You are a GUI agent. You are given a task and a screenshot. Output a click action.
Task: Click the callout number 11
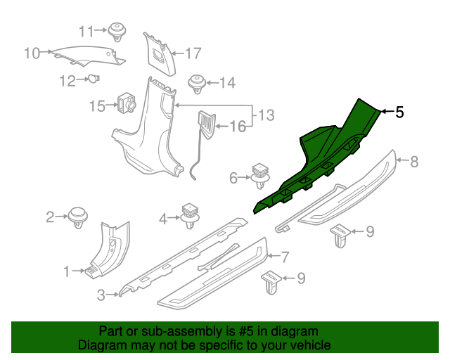pos(86,31)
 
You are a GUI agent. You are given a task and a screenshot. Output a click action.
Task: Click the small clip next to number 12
pos(93,79)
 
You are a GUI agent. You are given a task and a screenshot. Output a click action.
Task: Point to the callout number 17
pos(193,53)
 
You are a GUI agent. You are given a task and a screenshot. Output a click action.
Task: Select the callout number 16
pos(238,127)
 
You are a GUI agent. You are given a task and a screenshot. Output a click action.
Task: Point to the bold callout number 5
pos(399,112)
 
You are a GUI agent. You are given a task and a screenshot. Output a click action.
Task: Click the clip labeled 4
pos(190,214)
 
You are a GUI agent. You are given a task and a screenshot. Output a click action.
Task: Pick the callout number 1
pos(67,271)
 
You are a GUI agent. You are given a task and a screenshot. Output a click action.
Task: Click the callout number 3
pos(101,295)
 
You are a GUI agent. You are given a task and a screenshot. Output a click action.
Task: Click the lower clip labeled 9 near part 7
pos(271,282)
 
